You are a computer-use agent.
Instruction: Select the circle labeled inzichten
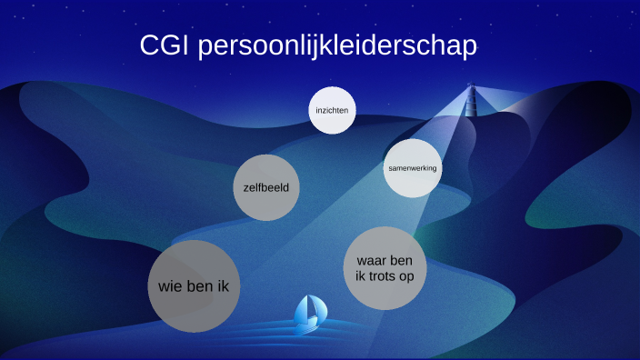coord(331,111)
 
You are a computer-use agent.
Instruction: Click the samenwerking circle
coord(412,168)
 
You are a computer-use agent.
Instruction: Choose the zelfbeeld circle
coord(266,188)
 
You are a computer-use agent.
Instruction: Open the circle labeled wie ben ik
coord(193,286)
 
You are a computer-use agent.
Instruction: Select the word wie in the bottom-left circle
coord(171,286)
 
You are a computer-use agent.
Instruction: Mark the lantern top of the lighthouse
coord(471,87)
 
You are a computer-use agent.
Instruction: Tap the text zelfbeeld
coord(266,188)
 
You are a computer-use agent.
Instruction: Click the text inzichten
coord(331,111)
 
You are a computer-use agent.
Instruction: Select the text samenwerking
coord(412,168)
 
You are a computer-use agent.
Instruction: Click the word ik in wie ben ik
coord(221,286)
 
